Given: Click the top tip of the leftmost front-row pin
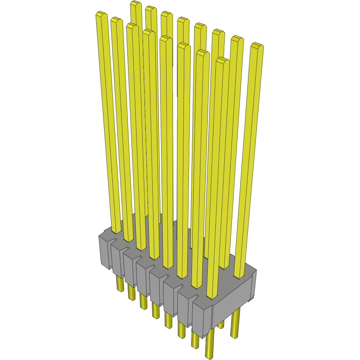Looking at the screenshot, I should point(101,15).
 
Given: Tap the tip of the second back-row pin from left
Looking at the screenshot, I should point(151,9).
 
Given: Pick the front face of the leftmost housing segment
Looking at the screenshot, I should point(104,252).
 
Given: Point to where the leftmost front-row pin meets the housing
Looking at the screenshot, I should point(116,232).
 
